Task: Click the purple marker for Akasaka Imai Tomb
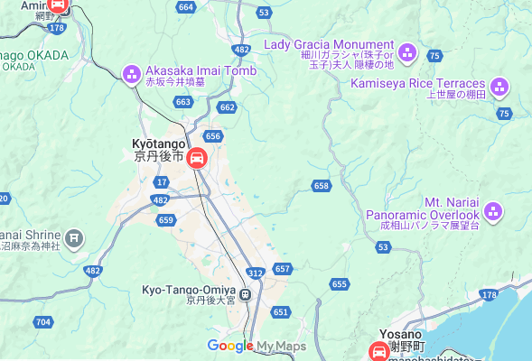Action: coord(131,72)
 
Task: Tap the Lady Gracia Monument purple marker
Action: coord(406,52)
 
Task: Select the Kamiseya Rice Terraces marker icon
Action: coord(499,88)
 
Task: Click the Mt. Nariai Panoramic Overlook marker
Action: coord(493,212)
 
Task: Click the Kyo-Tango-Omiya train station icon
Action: coord(246,292)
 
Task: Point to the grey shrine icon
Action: coord(75,238)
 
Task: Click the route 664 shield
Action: coord(186,7)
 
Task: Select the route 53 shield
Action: coord(264,12)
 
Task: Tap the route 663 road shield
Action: coord(183,102)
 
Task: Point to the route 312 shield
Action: coord(256,273)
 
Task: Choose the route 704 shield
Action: coord(43,321)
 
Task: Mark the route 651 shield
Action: coord(280,311)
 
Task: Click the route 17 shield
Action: coord(148,182)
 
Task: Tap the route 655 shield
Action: coord(339,284)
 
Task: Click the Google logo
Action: coord(229,346)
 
